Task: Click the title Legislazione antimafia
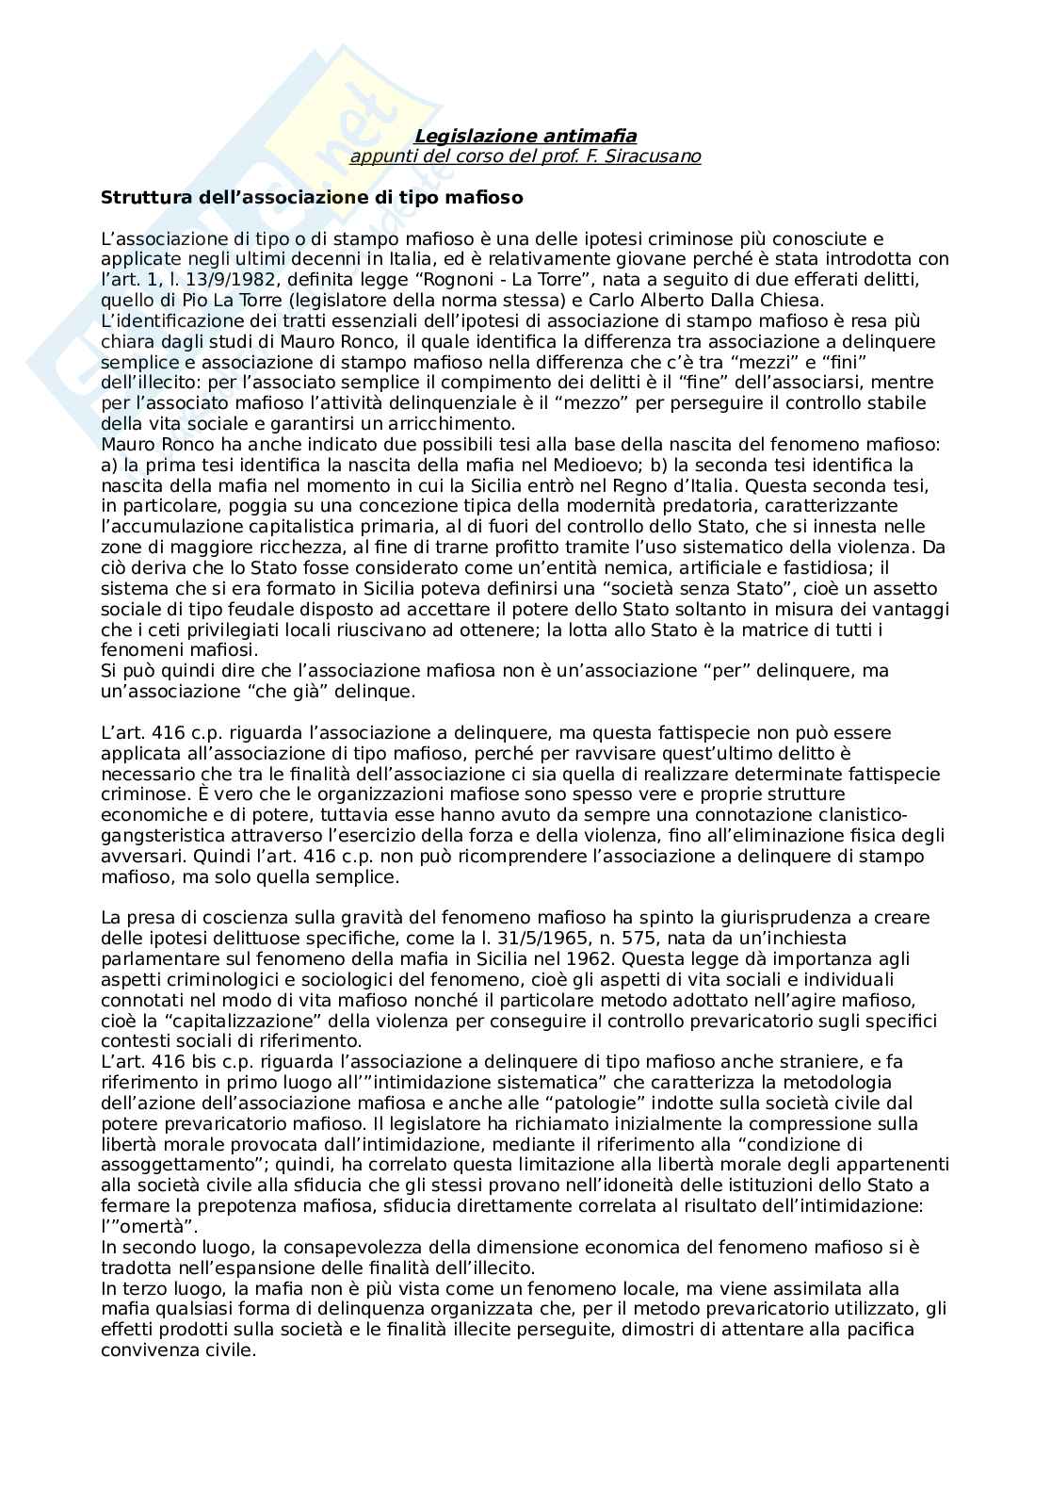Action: [x=525, y=137]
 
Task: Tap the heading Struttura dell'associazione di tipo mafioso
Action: [x=312, y=198]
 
